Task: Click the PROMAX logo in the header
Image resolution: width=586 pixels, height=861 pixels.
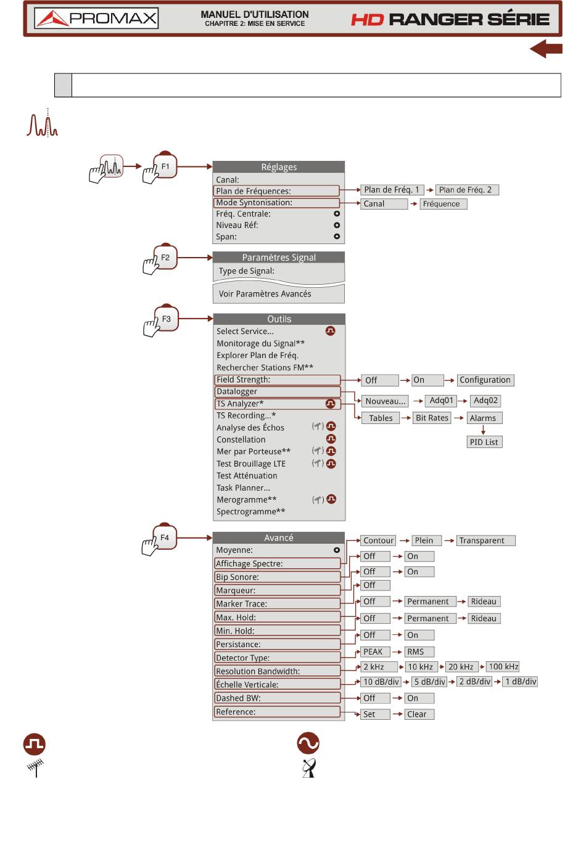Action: tap(96, 18)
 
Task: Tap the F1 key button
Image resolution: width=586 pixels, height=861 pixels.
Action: tap(165, 166)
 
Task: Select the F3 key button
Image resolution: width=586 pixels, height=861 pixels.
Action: tap(166, 319)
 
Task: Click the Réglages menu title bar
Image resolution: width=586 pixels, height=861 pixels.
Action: tap(279, 167)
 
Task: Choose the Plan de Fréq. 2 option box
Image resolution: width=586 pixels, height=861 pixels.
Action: tap(467, 190)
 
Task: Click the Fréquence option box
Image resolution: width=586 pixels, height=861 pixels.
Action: tap(444, 204)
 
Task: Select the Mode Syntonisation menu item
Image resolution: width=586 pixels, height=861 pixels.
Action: tap(277, 203)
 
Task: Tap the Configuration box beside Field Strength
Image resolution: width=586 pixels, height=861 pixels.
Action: tap(485, 380)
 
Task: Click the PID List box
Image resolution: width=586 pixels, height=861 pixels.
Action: tap(484, 442)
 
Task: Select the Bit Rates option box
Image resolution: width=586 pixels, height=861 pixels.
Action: tap(432, 418)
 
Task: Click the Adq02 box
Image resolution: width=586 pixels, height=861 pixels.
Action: tap(485, 401)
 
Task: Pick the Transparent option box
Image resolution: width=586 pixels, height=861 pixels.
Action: tap(485, 541)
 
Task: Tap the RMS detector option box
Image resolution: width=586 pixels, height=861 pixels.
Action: tap(419, 651)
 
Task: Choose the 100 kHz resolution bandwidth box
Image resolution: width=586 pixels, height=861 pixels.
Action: tap(503, 666)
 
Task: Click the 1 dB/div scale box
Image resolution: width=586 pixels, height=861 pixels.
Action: tap(520, 682)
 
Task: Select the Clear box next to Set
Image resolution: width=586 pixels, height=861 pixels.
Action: tap(419, 714)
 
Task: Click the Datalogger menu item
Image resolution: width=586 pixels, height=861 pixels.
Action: tap(277, 392)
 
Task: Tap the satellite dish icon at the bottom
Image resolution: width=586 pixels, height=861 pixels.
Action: tap(308, 768)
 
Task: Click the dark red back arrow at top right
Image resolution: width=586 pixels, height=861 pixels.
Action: tap(546, 49)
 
